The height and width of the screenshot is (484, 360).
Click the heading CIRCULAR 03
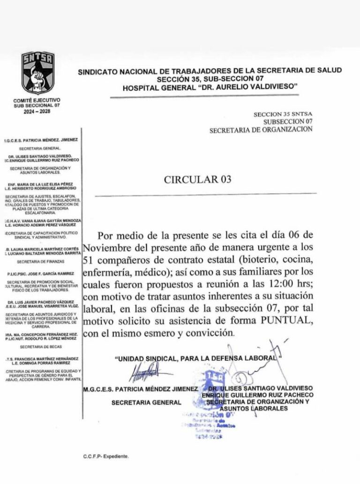(197, 179)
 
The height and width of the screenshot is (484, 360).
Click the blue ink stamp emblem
(213, 380)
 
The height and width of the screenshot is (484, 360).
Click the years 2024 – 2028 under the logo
(37, 111)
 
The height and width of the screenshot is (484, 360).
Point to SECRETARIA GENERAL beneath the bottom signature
(146, 402)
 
